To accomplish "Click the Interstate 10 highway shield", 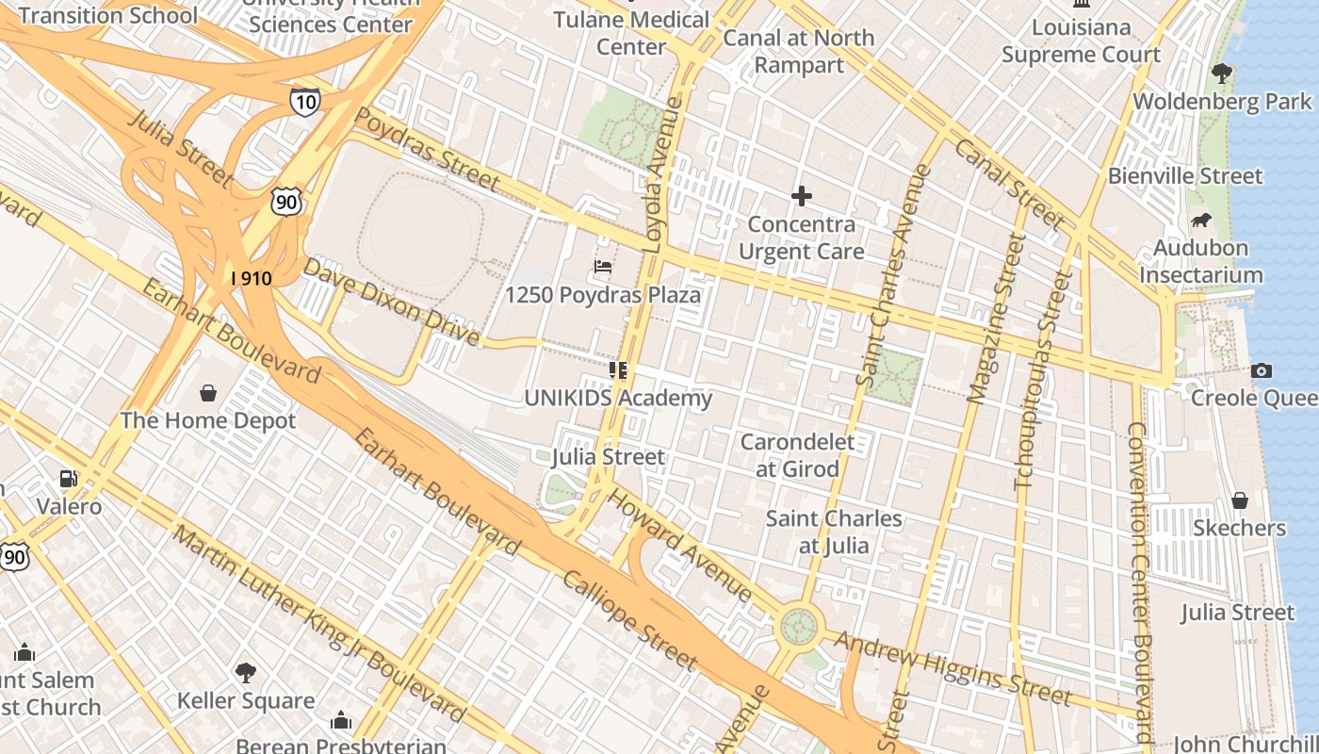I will [304, 102].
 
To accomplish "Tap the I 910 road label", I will [252, 278].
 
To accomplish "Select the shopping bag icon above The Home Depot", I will [208, 392].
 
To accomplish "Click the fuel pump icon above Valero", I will [68, 479].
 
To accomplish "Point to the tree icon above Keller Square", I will [246, 673].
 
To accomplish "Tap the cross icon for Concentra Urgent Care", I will [802, 196].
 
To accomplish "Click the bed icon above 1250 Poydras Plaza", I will [603, 267].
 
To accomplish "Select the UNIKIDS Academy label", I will [618, 399].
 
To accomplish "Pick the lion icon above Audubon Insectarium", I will [1200, 221].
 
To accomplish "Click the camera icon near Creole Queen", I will [1262, 370].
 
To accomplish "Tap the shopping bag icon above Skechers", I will [1240, 500].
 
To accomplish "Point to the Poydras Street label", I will [427, 148].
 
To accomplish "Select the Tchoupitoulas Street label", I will [1042, 381].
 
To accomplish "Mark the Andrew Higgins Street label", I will [953, 669].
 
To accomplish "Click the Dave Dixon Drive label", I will [390, 303].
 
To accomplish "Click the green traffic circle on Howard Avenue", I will [799, 626].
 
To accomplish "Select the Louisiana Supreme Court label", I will [1081, 41].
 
